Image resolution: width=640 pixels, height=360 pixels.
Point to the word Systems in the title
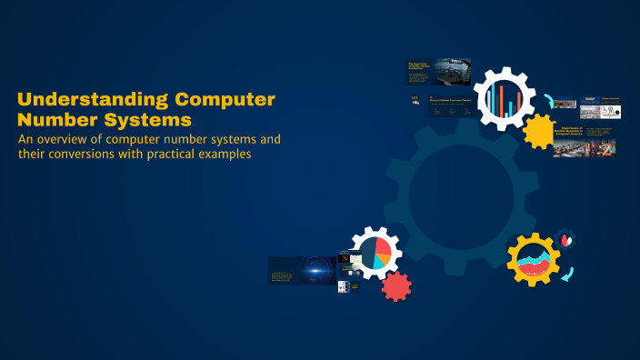pos(146,119)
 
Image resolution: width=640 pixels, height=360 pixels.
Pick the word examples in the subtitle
pos(220,155)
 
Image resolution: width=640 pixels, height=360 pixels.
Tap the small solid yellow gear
pos(540,131)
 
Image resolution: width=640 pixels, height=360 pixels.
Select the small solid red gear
pos(395,286)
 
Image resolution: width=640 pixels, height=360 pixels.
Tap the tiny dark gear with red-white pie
pos(567,240)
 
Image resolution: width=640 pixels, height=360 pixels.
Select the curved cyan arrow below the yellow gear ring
pos(566,273)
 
